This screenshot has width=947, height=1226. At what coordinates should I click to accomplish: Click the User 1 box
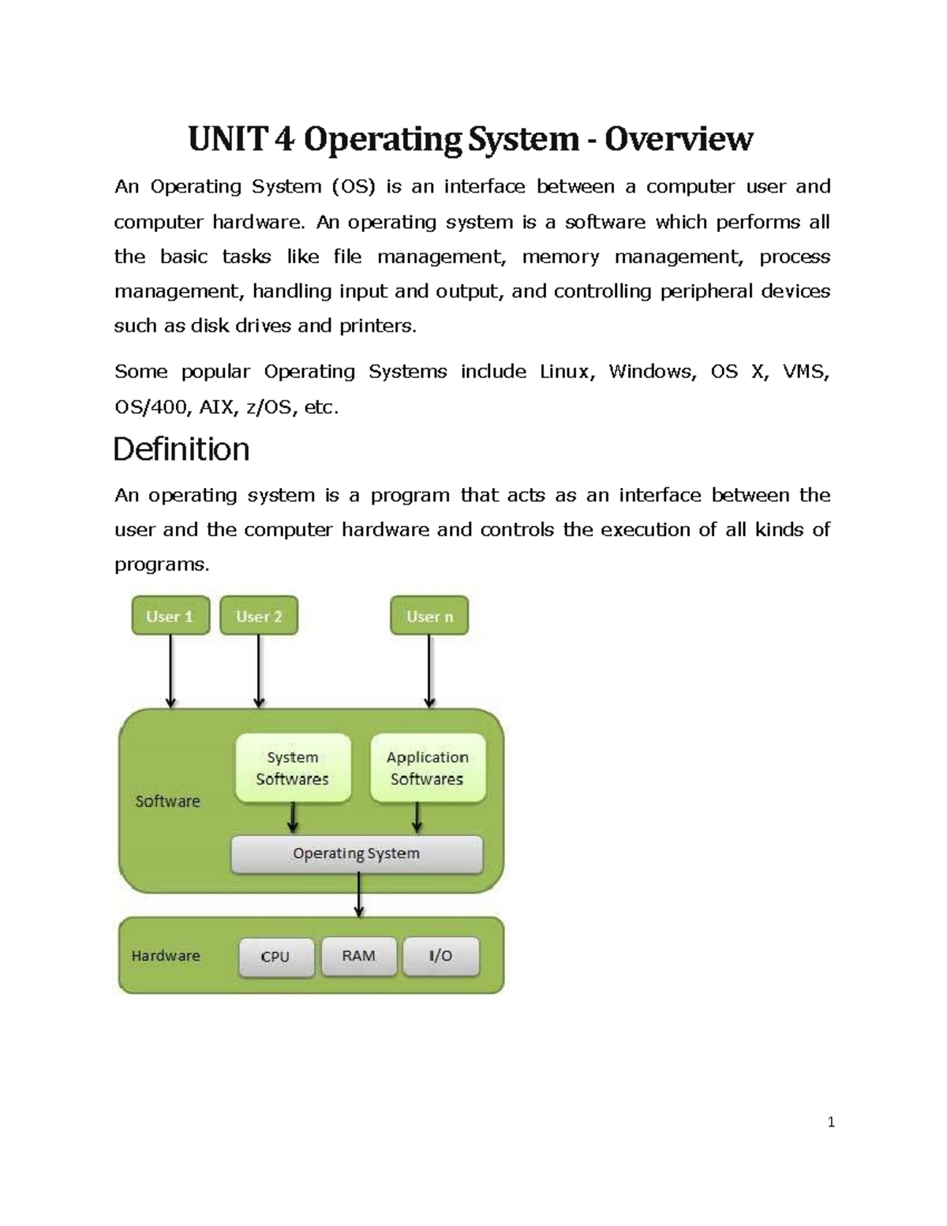[x=170, y=616]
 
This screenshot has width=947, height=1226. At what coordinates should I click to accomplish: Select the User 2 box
[x=259, y=616]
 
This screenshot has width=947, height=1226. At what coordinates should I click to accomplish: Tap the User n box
[x=429, y=616]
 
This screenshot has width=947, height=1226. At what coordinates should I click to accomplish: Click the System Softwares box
[x=293, y=768]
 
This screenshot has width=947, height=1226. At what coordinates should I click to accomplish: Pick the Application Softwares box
[x=428, y=768]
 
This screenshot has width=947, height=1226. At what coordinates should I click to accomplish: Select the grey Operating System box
[x=357, y=854]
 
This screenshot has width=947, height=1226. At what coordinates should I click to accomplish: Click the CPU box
[x=276, y=957]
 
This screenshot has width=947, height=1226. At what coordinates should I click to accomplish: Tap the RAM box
[x=359, y=956]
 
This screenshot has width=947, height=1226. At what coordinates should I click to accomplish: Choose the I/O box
[x=441, y=956]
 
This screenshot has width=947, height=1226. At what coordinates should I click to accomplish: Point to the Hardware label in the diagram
[x=166, y=956]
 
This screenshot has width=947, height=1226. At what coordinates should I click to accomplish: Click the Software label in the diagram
[x=167, y=801]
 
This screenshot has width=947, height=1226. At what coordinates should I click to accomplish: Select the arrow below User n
[x=429, y=671]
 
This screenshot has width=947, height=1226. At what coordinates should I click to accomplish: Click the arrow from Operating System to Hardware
[x=359, y=895]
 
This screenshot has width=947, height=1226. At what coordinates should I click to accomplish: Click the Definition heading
[x=182, y=449]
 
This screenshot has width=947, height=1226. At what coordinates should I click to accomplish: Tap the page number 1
[x=831, y=1123]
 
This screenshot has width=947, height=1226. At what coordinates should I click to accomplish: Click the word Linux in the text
[x=563, y=372]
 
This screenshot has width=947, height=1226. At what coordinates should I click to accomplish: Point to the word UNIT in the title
[x=227, y=140]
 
